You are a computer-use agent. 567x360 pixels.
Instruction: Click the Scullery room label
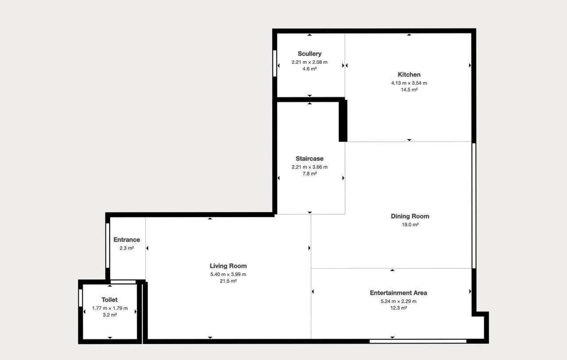(310, 54)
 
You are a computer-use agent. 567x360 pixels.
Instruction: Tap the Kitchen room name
(409, 74)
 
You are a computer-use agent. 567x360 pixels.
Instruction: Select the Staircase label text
(310, 159)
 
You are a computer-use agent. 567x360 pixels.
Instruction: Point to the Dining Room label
(410, 216)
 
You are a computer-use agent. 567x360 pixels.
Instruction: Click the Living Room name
(228, 266)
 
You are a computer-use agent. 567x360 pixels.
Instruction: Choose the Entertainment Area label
(398, 293)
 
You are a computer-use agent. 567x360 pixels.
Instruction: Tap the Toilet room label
(109, 300)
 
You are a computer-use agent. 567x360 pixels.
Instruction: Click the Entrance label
(127, 240)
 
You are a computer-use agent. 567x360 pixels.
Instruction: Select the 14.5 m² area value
(409, 90)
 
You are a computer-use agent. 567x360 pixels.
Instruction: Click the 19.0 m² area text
(410, 225)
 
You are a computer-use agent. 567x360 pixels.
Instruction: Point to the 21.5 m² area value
(228, 281)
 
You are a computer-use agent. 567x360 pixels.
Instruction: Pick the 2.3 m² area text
(127, 248)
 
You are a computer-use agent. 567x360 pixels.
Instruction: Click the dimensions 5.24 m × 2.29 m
(398, 301)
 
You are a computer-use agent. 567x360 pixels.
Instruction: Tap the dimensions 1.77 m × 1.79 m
(110, 308)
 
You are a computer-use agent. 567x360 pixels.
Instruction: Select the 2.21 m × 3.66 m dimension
(310, 167)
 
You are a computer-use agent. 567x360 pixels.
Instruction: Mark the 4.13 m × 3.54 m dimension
(409, 83)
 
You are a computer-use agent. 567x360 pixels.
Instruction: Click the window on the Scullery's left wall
(275, 63)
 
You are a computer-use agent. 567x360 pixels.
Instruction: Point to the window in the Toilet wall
(81, 298)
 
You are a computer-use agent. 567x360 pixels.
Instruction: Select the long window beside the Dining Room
(474, 206)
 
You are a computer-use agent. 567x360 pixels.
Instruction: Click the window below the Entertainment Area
(418, 341)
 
